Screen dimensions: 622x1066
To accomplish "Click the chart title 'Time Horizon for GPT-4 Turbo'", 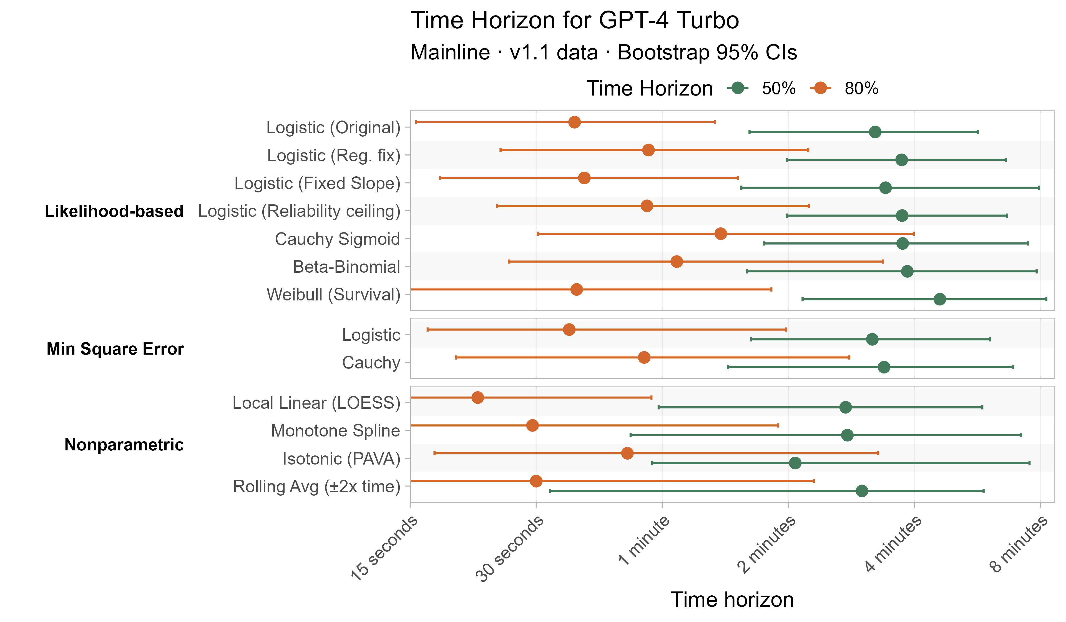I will point(574,20).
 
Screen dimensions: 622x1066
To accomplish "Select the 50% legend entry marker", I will point(738,88).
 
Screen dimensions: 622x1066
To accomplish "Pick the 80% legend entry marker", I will point(820,88).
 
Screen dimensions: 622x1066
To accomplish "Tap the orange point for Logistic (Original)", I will point(574,122).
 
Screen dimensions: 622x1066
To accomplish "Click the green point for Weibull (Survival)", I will point(939,299).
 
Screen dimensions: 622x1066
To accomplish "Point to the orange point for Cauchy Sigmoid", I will point(720,234).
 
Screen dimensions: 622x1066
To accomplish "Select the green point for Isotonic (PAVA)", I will point(795,463).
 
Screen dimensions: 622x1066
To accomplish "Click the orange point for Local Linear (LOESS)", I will point(477,397).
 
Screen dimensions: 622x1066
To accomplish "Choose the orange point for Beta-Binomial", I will point(677,262).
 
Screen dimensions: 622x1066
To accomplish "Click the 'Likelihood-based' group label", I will point(114,211).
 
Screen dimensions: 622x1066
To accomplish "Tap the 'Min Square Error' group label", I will point(115,349).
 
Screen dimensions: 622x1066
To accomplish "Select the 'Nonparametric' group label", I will point(124,445).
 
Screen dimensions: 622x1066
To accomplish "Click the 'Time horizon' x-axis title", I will point(732,600).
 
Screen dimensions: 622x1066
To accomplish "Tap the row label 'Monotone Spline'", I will point(335,431).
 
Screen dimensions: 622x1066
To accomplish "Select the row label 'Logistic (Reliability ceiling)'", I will point(299,211).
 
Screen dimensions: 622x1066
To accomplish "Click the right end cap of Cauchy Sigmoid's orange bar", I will point(913,234).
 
